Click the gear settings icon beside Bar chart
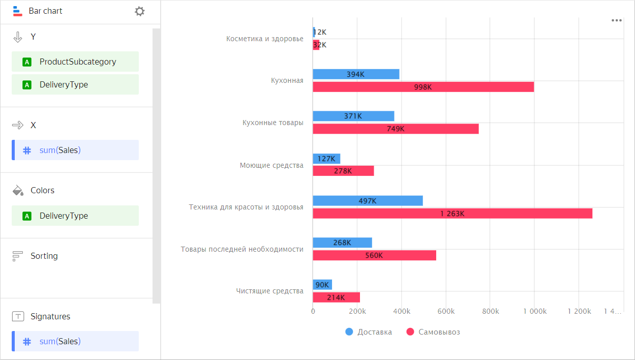tap(140, 11)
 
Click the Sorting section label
tap(44, 256)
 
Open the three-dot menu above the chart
tap(617, 20)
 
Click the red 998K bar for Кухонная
tap(423, 87)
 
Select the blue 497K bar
tap(368, 201)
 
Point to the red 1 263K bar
tap(452, 214)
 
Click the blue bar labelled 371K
tap(353, 116)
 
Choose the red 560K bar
tap(374, 255)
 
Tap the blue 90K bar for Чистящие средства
tap(322, 285)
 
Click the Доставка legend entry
tap(369, 332)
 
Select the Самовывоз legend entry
tap(434, 332)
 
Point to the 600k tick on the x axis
tap(446, 311)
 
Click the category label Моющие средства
tap(271, 165)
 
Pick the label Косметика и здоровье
tap(265, 39)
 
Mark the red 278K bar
tap(343, 171)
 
